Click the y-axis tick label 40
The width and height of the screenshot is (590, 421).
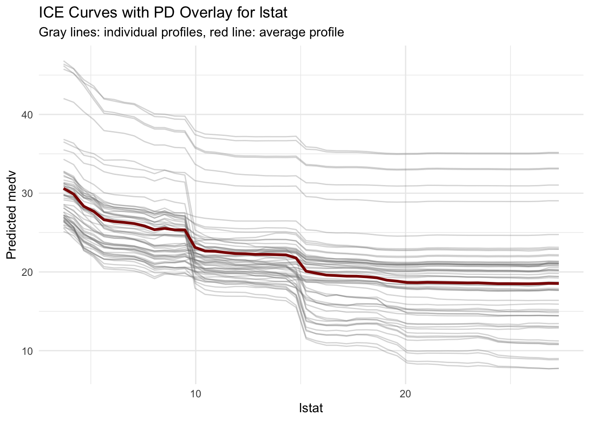pos(27,115)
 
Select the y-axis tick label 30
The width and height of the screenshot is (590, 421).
pos(27,193)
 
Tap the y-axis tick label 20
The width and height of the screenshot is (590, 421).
pos(27,272)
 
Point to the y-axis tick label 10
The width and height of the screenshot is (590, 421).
pos(27,351)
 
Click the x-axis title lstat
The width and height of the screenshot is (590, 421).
pos(310,408)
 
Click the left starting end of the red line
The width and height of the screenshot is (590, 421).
pos(64,189)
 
